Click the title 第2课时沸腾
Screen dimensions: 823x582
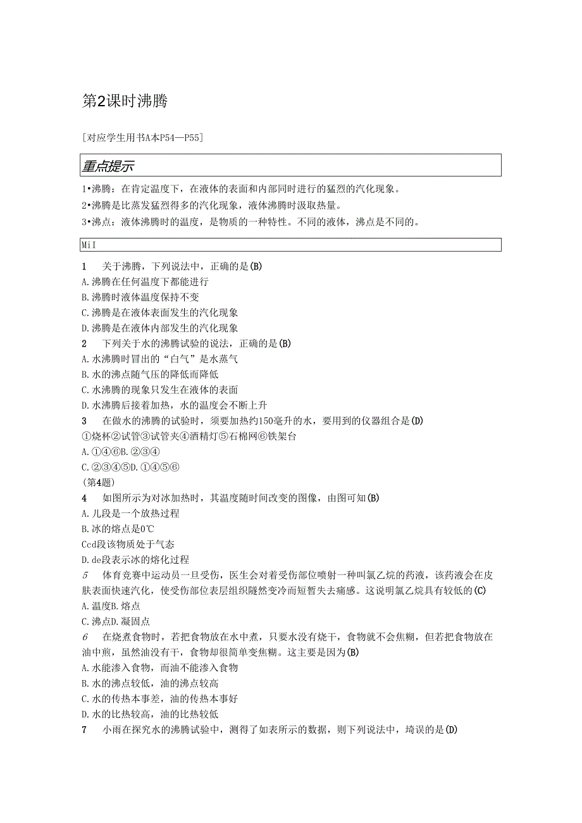point(125,101)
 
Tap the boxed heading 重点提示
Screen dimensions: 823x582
point(108,166)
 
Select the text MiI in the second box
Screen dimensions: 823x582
point(88,245)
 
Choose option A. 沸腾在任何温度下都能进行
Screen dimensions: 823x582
point(145,282)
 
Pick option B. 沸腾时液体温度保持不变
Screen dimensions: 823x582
point(145,297)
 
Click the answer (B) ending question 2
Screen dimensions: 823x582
point(284,343)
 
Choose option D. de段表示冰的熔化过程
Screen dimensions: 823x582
point(135,560)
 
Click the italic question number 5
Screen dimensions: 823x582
point(85,575)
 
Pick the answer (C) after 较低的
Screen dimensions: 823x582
point(480,591)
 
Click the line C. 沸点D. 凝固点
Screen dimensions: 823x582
point(116,622)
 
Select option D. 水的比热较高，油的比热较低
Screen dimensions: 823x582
point(150,714)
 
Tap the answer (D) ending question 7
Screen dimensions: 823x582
point(450,729)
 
